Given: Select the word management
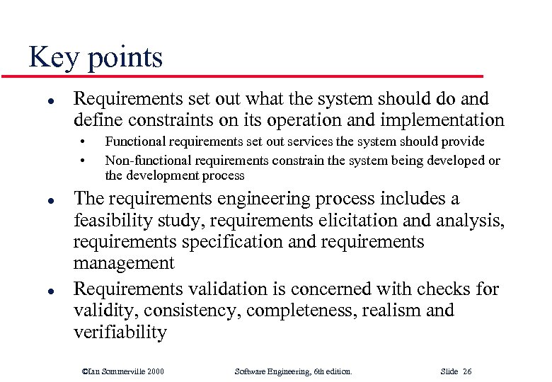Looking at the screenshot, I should pyautogui.click(x=124, y=264).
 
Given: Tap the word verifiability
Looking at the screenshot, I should pyautogui.click(x=120, y=333).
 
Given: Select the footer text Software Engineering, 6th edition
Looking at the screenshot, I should pyautogui.click(x=293, y=371).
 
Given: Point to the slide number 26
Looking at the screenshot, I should pyautogui.click(x=467, y=371).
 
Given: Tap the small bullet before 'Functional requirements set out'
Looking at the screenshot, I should pyautogui.click(x=83, y=141).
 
